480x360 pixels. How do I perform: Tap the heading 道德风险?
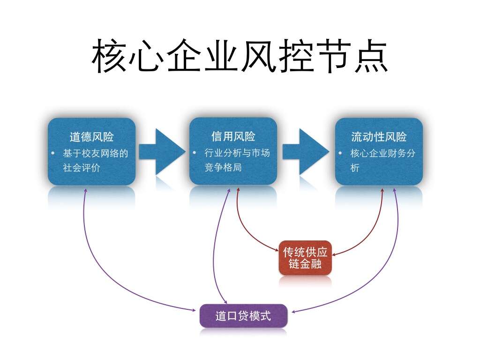[x=91, y=137]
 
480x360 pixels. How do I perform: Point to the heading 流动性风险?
[x=379, y=137]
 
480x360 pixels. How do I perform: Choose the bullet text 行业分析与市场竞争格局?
[x=237, y=160]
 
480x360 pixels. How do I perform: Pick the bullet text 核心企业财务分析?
[x=382, y=160]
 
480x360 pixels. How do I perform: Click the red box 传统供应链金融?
[x=305, y=257]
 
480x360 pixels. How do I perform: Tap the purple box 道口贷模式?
[x=243, y=315]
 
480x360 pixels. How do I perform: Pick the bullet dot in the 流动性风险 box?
[x=341, y=153]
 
